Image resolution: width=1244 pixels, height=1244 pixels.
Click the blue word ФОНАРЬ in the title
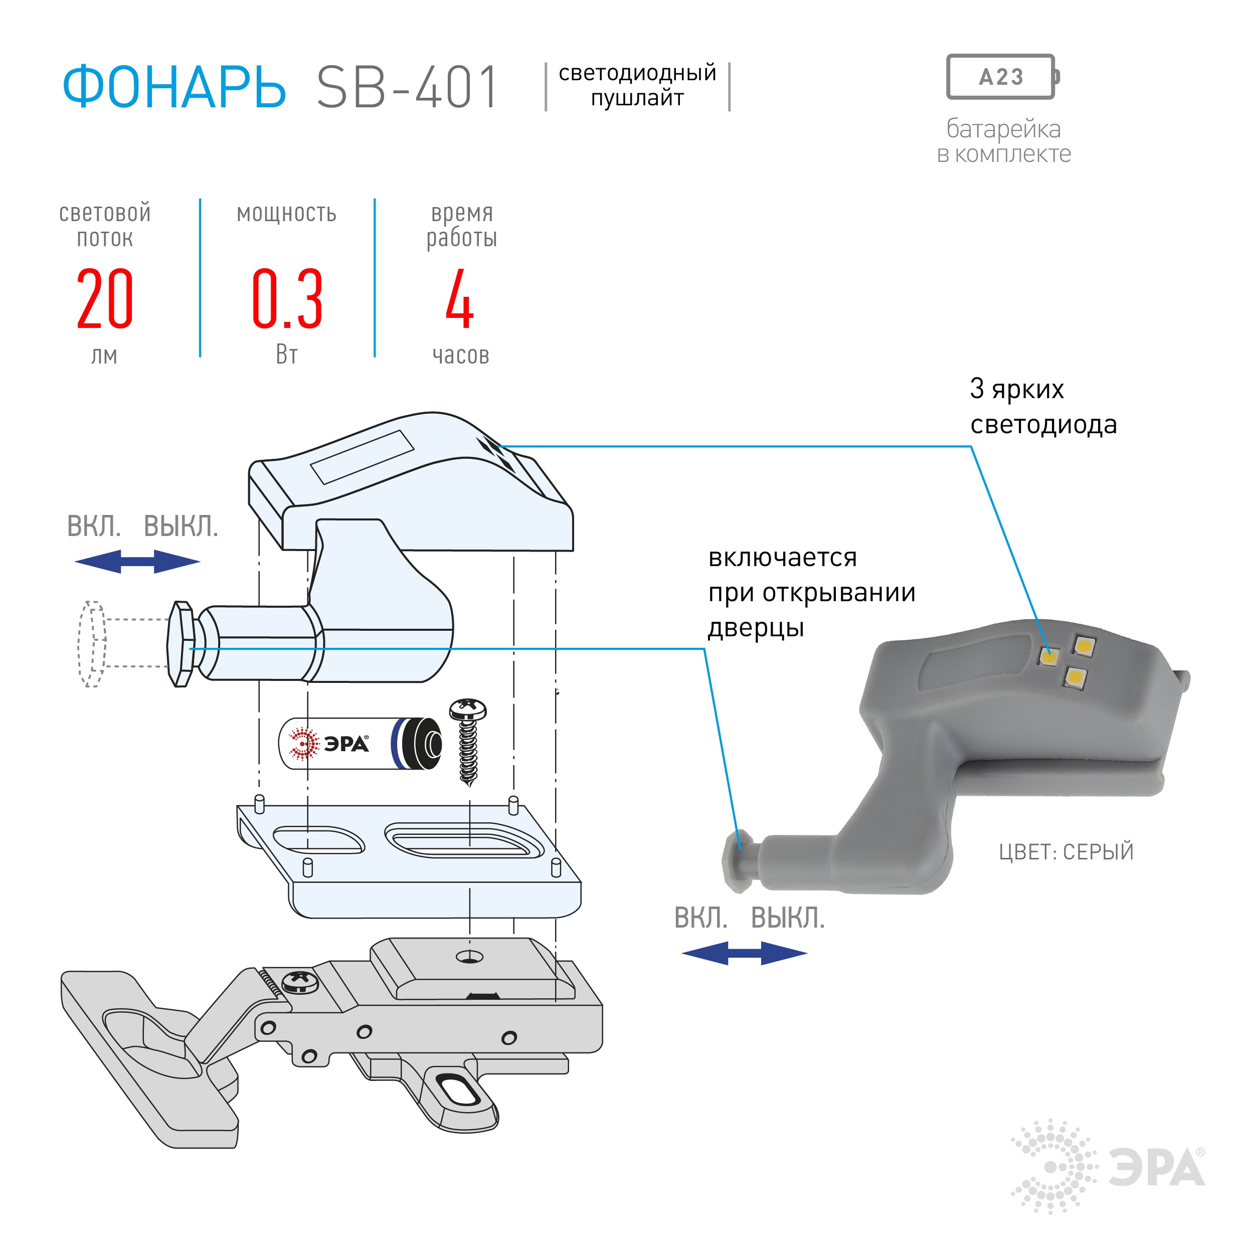(x=174, y=87)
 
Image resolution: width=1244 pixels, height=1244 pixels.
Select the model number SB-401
(x=407, y=87)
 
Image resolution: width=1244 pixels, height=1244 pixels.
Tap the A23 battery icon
(x=1001, y=77)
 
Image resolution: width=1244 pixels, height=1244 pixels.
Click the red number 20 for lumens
(x=105, y=299)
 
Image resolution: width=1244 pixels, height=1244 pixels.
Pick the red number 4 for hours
(x=460, y=299)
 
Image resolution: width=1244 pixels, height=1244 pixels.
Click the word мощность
(x=286, y=213)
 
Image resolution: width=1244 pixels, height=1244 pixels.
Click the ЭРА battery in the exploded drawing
(x=361, y=744)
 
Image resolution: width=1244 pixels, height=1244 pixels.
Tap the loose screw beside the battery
(x=469, y=741)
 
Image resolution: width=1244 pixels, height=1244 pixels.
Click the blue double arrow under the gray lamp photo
(x=744, y=953)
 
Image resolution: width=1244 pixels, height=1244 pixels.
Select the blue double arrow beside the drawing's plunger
(x=137, y=562)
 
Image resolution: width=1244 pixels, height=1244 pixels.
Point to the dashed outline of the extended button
(x=92, y=644)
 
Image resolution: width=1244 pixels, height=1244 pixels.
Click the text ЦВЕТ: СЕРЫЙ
(x=1065, y=852)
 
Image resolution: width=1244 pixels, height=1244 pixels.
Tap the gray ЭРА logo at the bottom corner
(x=1108, y=1166)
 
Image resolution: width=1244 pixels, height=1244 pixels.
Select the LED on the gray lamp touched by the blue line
(x=1049, y=656)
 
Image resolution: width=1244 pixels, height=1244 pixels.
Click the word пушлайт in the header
(x=637, y=98)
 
